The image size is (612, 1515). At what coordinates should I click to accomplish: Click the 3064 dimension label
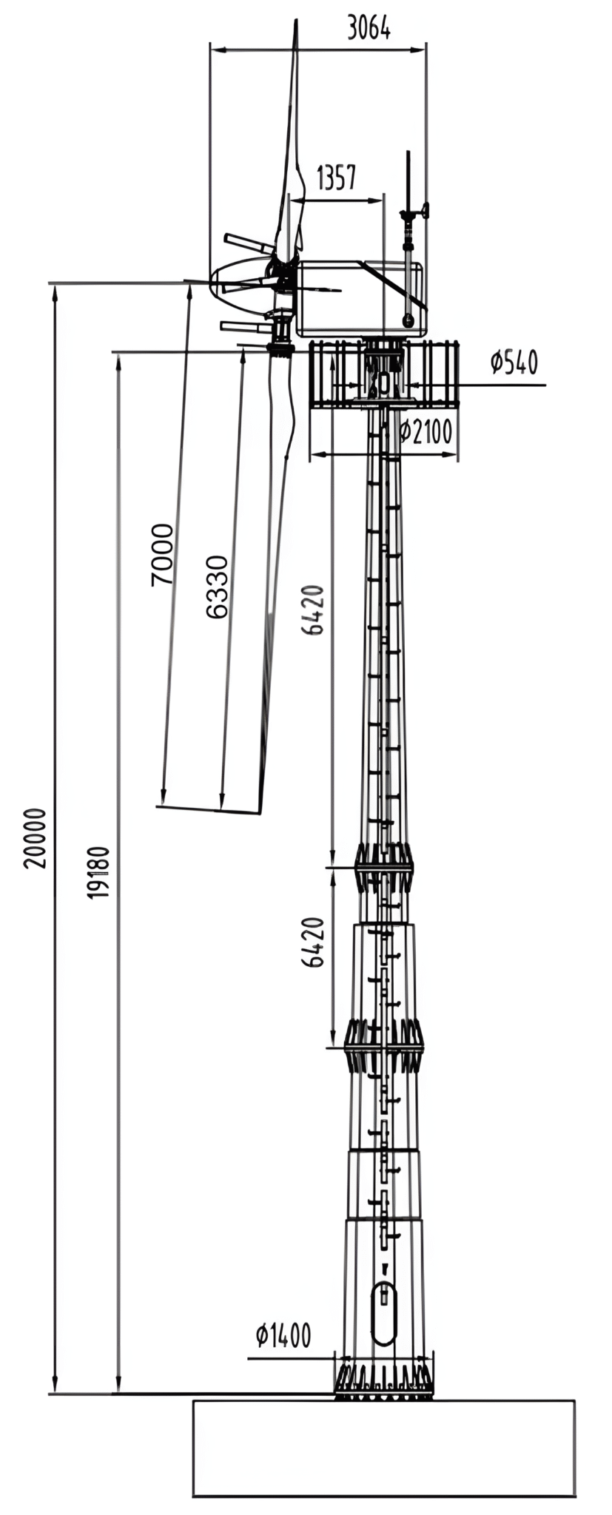tap(369, 27)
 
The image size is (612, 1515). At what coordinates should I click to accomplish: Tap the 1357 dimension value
tap(337, 178)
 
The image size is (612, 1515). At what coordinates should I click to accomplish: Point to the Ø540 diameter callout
tap(514, 362)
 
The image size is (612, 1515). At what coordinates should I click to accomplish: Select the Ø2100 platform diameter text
tap(426, 431)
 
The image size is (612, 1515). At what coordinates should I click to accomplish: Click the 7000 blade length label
tap(162, 555)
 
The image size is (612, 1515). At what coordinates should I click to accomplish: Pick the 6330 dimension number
tap(217, 587)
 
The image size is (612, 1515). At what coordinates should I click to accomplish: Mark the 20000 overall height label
tap(35, 838)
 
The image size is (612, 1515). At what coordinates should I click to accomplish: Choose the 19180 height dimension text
tap(99, 873)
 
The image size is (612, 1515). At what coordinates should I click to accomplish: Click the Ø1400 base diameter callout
tap(283, 1335)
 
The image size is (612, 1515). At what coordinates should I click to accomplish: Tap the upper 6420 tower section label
tap(314, 610)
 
